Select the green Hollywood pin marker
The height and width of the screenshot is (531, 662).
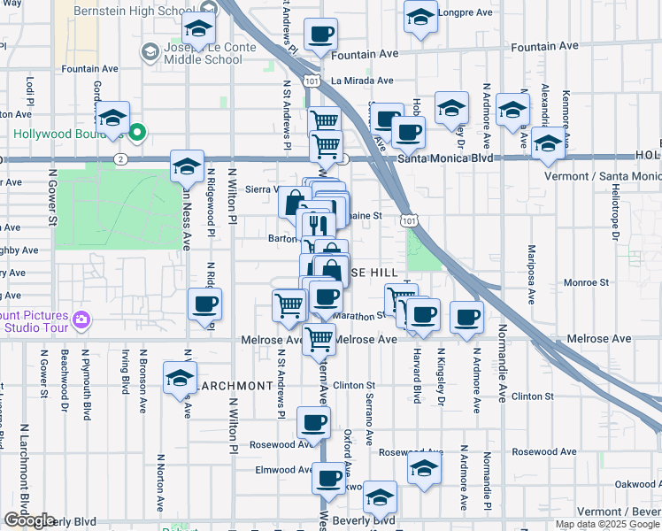click(137, 134)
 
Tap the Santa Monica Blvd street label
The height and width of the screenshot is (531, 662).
click(443, 158)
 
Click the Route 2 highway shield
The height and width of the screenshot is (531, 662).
click(121, 158)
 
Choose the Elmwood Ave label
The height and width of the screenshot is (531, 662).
click(284, 470)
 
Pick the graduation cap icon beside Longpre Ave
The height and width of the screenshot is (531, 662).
click(420, 16)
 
